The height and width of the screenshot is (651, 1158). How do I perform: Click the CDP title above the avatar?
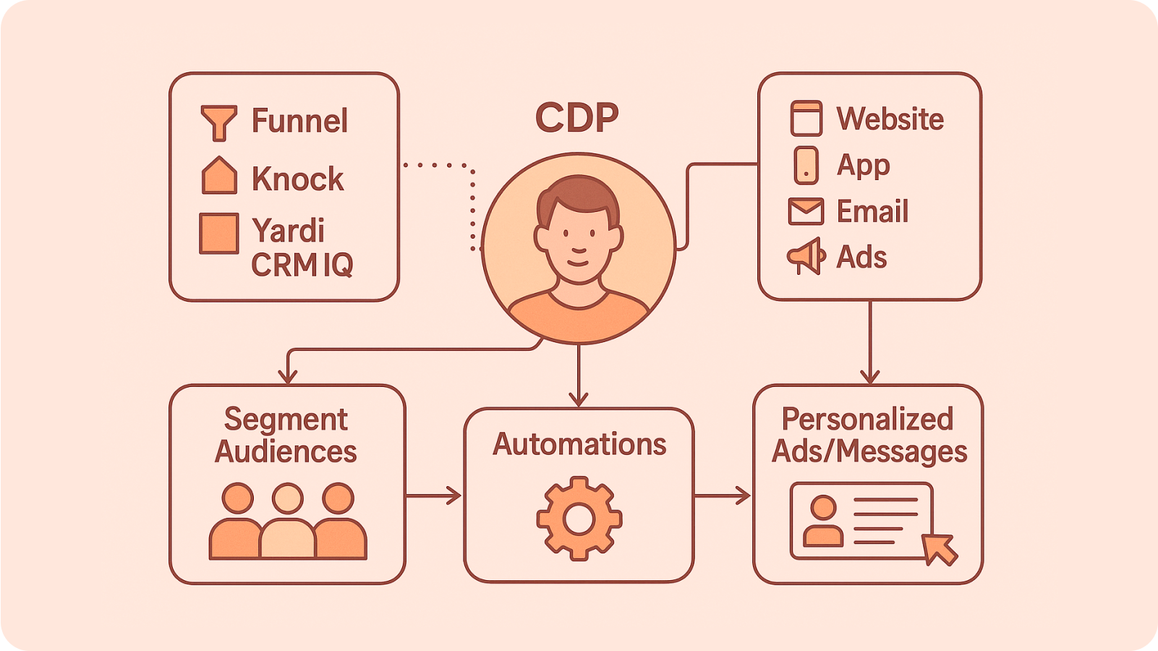point(577,117)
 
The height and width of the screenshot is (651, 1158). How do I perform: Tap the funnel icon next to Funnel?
point(218,122)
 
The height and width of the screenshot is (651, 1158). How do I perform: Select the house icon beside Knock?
point(219,176)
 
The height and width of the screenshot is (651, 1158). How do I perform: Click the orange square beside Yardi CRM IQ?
point(219,233)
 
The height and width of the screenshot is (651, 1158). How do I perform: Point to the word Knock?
point(297,179)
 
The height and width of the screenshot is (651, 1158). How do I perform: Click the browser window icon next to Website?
point(806,119)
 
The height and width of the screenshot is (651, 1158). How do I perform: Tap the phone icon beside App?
point(806,166)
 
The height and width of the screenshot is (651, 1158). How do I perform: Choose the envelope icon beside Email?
point(806,211)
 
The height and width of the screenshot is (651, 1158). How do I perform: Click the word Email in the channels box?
point(872,211)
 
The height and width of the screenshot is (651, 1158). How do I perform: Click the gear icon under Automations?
point(579,518)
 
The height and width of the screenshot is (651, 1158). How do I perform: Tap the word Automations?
point(579,444)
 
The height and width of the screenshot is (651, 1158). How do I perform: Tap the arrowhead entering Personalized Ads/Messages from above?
point(869,376)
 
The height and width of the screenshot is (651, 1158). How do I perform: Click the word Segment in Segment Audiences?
point(286,420)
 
